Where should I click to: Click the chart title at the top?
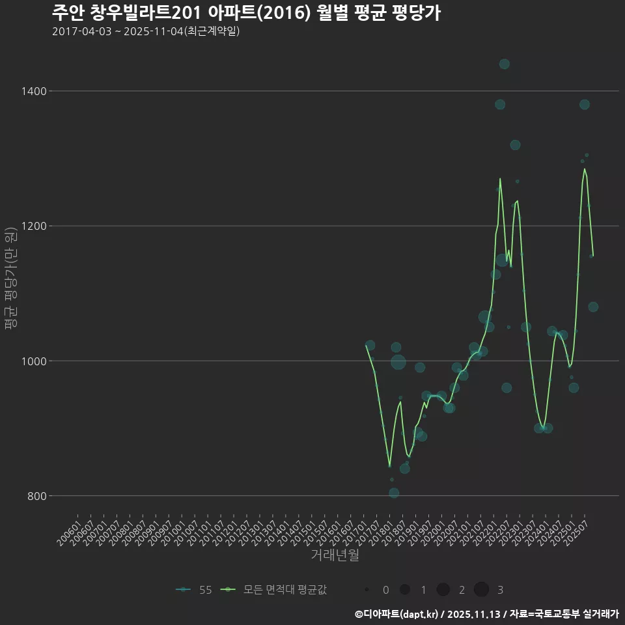click(x=246, y=12)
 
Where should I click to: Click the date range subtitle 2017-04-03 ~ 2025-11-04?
click(x=146, y=31)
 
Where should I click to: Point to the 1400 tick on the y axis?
click(x=34, y=91)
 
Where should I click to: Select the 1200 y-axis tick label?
click(x=34, y=226)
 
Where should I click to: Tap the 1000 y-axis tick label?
click(x=34, y=361)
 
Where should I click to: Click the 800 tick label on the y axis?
click(x=36, y=496)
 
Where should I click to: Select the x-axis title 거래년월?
click(x=335, y=555)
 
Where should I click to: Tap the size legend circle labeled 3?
click(x=481, y=590)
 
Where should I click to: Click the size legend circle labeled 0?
click(x=367, y=590)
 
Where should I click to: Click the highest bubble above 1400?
click(x=504, y=64)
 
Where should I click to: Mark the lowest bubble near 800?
click(x=394, y=493)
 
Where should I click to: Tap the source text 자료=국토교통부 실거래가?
click(x=564, y=614)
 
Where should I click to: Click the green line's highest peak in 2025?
click(x=585, y=169)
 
